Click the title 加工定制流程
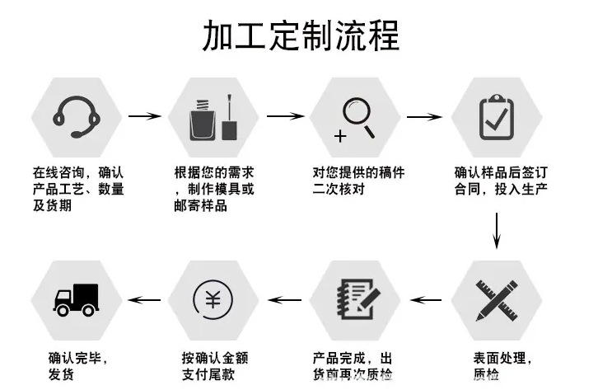pyautogui.click(x=300, y=36)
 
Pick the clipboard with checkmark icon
pyautogui.click(x=498, y=117)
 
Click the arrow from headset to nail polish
pyautogui.click(x=145, y=115)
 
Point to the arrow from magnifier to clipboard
pyautogui.click(x=425, y=115)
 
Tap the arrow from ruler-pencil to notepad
pyautogui.click(x=426, y=299)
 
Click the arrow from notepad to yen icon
pyautogui.click(x=285, y=299)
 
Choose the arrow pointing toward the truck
pyautogui.click(x=146, y=299)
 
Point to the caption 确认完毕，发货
pyautogui.click(x=78, y=367)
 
